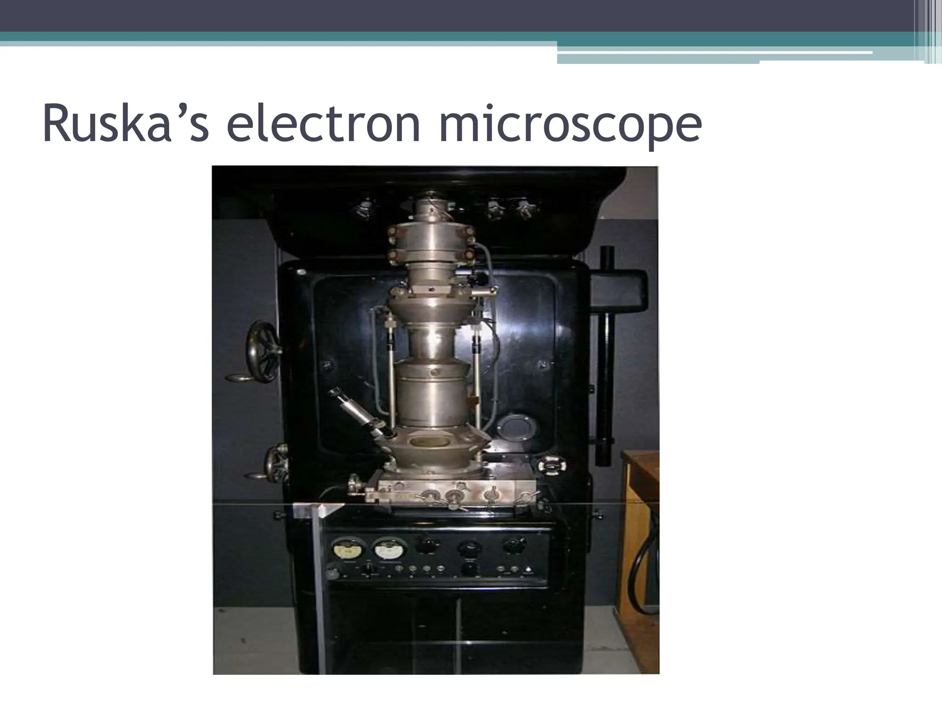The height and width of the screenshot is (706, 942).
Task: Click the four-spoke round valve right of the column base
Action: pos(551,466)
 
